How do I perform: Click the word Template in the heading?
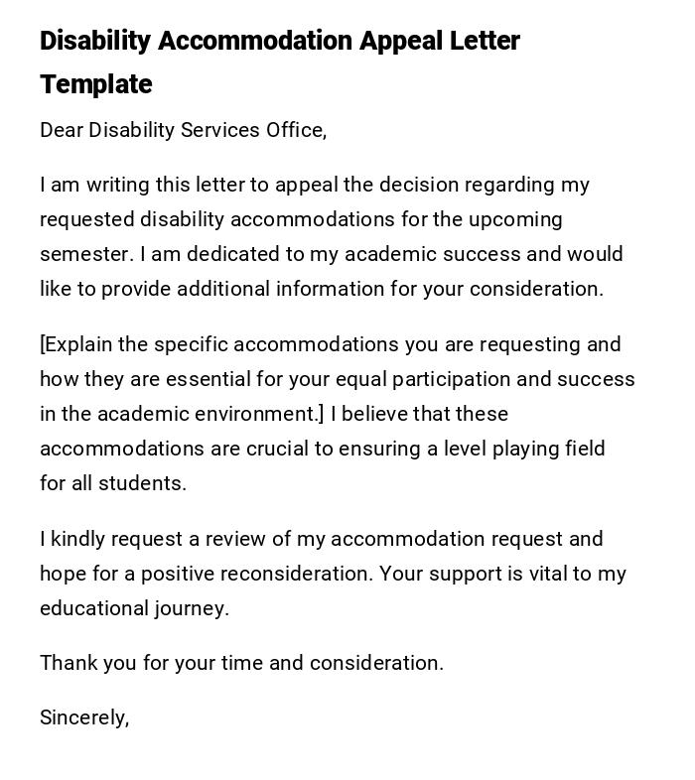(x=95, y=84)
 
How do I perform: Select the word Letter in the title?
(x=476, y=41)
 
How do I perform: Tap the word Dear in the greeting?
(x=62, y=130)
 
